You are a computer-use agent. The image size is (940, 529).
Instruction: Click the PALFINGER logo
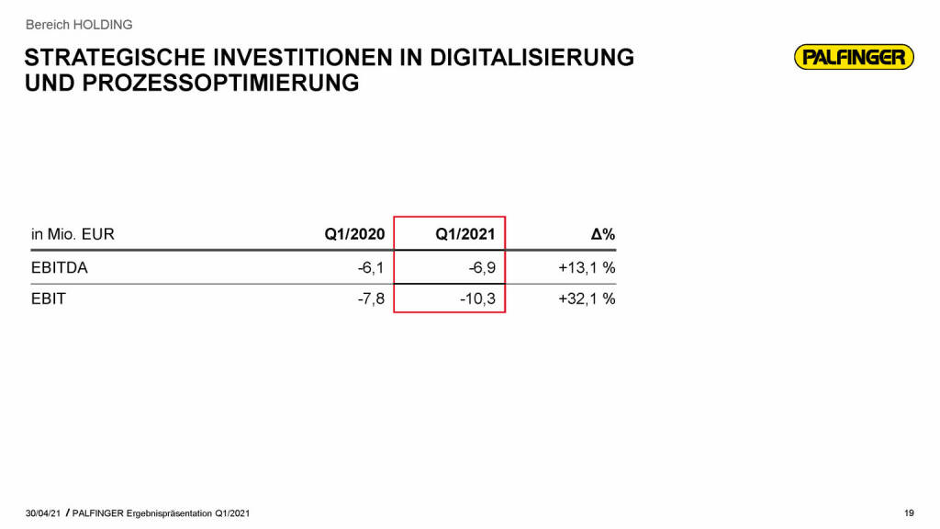[x=854, y=58]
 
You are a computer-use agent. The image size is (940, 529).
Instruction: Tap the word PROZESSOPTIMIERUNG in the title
[x=216, y=84]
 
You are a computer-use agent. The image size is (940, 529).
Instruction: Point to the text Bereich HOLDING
[x=79, y=25]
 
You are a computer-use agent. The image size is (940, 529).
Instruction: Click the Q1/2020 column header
[x=354, y=234]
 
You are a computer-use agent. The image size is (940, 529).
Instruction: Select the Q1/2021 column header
[x=464, y=234]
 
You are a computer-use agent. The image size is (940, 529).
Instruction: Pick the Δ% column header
[x=602, y=234]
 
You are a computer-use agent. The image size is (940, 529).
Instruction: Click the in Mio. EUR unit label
[x=73, y=234]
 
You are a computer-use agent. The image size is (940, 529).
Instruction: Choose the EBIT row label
[x=49, y=298]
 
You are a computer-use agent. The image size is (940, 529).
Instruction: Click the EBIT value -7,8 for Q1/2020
[x=371, y=298]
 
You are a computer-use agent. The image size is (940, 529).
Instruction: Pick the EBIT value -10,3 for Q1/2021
[x=477, y=298]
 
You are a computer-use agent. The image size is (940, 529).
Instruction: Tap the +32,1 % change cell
[x=586, y=298]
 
